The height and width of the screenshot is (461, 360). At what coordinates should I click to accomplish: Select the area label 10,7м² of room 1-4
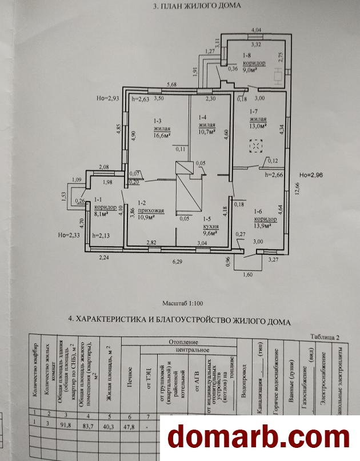click(x=207, y=131)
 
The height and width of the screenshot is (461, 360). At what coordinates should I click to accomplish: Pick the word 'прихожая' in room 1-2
click(x=151, y=211)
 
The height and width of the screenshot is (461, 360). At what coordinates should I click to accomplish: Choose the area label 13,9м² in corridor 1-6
click(x=259, y=227)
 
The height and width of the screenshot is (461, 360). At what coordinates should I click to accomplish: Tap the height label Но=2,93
click(x=107, y=98)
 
